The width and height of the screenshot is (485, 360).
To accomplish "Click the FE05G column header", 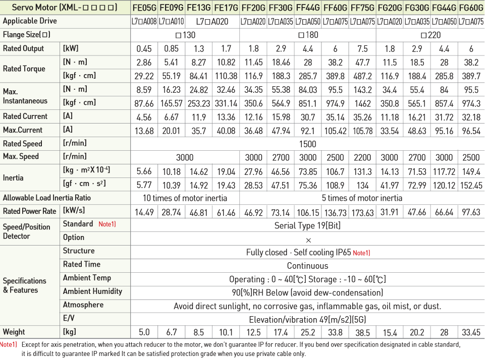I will click(144, 8).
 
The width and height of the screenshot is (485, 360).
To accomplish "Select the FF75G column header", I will click(362, 8).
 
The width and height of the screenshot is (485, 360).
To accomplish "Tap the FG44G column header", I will click(444, 8).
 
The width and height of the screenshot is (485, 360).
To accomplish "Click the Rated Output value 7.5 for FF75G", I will click(362, 49).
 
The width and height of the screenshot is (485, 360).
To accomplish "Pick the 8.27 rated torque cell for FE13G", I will click(199, 63).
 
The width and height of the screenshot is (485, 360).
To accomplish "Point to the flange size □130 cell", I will click(185, 35).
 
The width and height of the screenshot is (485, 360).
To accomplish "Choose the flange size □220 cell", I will click(430, 35).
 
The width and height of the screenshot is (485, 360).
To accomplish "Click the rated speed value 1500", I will click(307, 144).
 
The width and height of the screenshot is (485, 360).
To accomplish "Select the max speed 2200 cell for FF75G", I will click(362, 157).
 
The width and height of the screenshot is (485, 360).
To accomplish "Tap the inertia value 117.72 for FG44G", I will click(444, 171).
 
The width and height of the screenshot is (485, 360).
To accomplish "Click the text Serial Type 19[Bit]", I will click(307, 225).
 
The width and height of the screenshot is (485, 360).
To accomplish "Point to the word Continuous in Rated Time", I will click(307, 266).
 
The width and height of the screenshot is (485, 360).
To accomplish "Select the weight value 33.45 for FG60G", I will click(471, 332).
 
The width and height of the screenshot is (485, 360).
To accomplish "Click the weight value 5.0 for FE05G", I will click(144, 332).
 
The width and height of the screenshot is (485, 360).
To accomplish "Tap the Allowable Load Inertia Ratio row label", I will click(47, 198).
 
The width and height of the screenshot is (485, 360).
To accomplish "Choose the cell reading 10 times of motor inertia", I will click(185, 198).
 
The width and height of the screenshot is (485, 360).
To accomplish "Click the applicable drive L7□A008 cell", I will click(144, 22).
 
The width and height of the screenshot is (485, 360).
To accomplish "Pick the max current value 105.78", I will click(362, 130).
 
